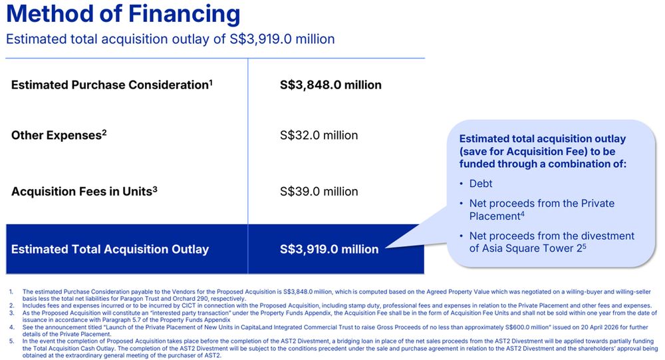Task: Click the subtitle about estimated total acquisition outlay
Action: [x=170, y=39]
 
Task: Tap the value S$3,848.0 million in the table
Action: [x=331, y=85]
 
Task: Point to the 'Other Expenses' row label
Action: [x=57, y=135]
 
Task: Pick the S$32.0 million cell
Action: [x=319, y=135]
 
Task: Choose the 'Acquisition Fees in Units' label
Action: [x=81, y=192]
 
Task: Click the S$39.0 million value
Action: [x=319, y=192]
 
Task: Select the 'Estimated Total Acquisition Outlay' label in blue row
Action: [x=110, y=250]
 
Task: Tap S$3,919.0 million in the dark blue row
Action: [x=329, y=250]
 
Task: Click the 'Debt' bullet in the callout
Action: [x=481, y=183]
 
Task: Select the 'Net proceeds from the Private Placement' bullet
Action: [x=541, y=209]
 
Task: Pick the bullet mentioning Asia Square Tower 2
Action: [x=551, y=242]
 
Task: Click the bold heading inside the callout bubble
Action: [x=543, y=152]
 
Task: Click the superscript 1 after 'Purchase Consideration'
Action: [x=211, y=82]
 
